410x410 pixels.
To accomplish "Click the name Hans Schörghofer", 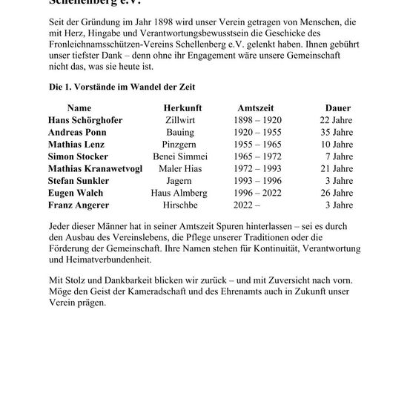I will [85, 119].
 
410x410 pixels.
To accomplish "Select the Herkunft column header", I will [182, 108].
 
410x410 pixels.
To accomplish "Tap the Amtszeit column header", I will [256, 108].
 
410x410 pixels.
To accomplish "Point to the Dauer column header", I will [338, 108].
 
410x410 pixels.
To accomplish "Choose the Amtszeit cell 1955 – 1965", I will [256, 143].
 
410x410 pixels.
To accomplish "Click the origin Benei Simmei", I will [180, 156].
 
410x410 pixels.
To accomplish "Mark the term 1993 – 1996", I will [256, 179].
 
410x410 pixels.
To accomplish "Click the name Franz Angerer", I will [79, 204].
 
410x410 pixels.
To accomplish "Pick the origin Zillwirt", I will [182, 119].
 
